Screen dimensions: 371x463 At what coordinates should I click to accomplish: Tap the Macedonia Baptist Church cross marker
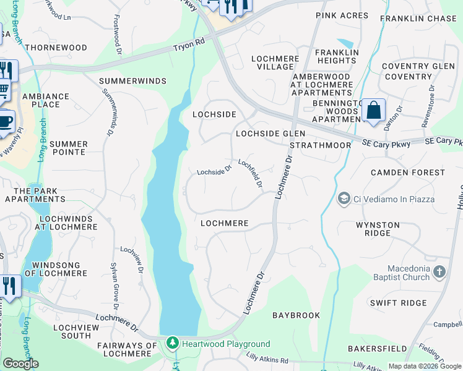click(439, 271)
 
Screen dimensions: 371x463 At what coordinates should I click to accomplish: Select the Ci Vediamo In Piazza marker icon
click(344, 199)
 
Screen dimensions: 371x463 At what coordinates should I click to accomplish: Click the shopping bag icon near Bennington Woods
click(373, 111)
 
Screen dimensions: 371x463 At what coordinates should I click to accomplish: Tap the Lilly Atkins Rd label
click(267, 360)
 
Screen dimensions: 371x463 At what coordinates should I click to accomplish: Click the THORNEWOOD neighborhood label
click(56, 48)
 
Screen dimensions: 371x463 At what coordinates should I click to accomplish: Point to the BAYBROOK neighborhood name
click(296, 315)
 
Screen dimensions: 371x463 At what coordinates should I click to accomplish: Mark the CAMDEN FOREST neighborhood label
click(407, 173)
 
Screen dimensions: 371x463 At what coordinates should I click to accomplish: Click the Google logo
click(20, 364)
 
